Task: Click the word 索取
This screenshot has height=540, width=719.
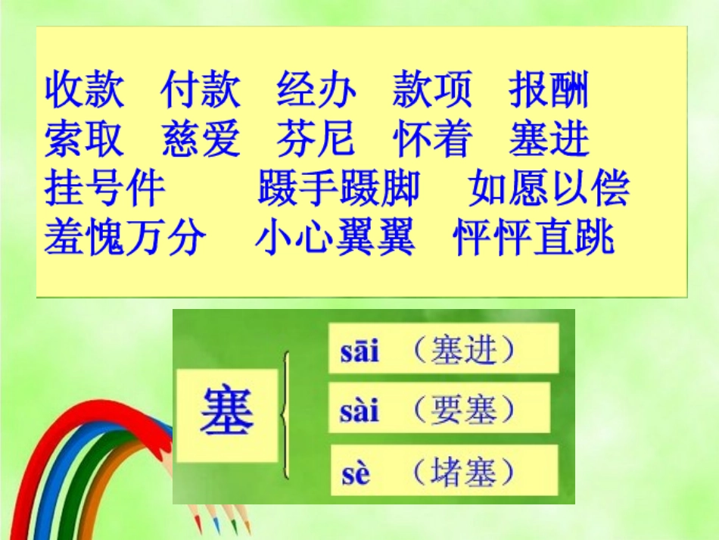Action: pos(84,139)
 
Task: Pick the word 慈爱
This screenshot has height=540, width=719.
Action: pos(201,139)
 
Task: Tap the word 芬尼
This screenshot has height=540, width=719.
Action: pos(316,139)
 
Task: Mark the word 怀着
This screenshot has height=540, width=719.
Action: pos(432,139)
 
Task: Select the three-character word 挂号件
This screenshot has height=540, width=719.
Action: pos(104,189)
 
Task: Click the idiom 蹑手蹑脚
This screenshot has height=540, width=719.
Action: pos(338,189)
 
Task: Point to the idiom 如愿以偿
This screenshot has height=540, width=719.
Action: pos(549,189)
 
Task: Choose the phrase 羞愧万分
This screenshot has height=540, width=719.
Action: pos(125,237)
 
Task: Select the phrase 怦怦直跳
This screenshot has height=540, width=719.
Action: pos(534,237)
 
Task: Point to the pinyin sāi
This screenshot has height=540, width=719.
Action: pos(359,351)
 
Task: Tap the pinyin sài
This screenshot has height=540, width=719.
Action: pos(359,411)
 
